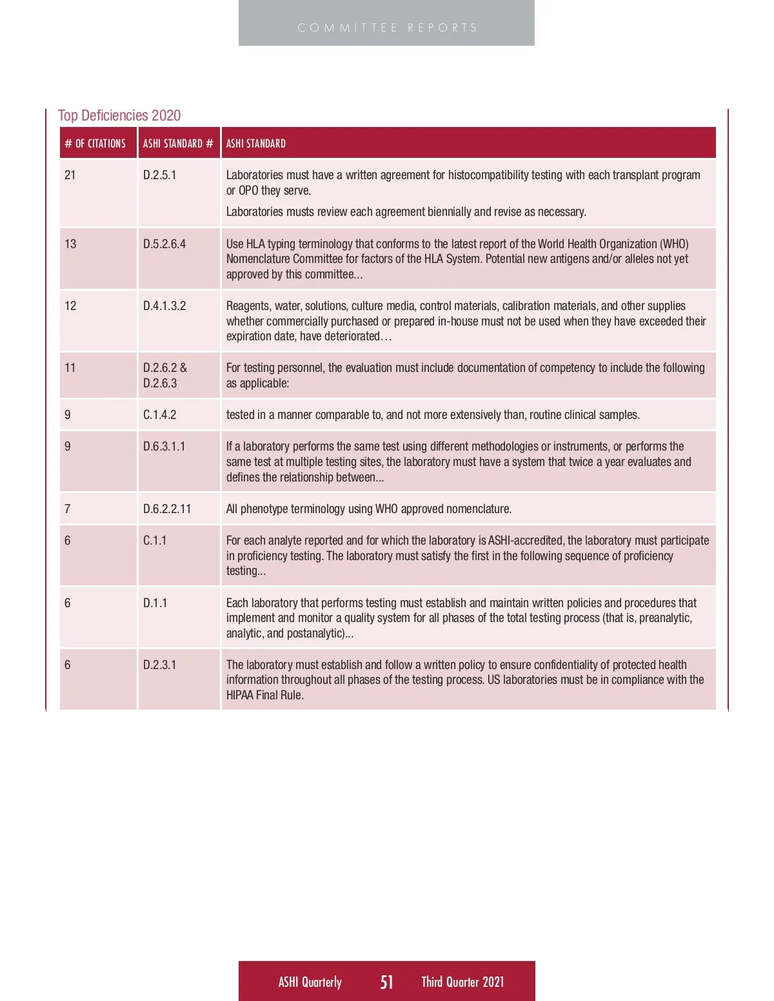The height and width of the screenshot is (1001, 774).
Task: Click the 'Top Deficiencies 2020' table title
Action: click(x=119, y=115)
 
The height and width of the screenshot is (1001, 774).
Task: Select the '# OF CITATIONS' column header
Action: click(x=95, y=144)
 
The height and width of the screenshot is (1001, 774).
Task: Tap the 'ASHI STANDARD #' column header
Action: click(x=178, y=144)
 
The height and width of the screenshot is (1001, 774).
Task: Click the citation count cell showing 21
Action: click(x=70, y=175)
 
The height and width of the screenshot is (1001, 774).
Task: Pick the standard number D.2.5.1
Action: click(x=159, y=175)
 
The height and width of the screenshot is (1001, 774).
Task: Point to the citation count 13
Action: click(x=70, y=244)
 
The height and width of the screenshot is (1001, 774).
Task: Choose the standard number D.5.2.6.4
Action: click(x=164, y=244)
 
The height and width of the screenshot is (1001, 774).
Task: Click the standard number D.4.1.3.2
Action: click(x=164, y=306)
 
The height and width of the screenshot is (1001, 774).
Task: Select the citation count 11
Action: click(x=70, y=368)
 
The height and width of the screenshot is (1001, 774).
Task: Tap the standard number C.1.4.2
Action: click(x=159, y=415)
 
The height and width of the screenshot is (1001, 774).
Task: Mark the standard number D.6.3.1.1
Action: click(x=164, y=447)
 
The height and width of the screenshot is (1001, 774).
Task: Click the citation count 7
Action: click(x=68, y=509)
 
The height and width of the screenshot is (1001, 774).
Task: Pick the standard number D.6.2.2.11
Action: click(x=167, y=509)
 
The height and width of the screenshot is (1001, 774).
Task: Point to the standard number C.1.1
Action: click(x=155, y=541)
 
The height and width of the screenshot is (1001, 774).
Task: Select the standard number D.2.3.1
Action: click(x=159, y=665)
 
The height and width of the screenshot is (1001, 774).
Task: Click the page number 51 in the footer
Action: click(x=386, y=982)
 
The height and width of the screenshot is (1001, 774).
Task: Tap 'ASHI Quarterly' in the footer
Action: click(x=310, y=982)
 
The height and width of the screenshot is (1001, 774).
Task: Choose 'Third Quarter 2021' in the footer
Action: click(x=462, y=982)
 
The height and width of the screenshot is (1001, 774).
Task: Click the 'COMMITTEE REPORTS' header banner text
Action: click(x=387, y=28)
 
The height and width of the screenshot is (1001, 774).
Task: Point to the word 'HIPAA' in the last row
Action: click(x=240, y=695)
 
